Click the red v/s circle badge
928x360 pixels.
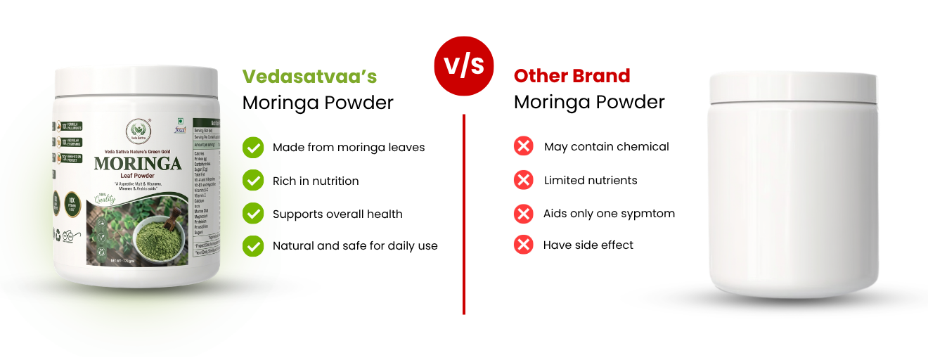point(464,65)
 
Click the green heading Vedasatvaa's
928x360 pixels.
point(309,76)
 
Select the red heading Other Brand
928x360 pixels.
point(572,75)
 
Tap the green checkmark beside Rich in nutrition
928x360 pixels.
point(253,181)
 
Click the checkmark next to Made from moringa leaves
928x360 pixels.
point(253,148)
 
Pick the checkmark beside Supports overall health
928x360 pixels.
point(253,214)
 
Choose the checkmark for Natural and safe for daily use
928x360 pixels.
point(253,246)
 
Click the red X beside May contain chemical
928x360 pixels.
point(524,147)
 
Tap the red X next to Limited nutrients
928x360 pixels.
point(524,180)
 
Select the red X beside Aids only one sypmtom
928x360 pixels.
point(524,213)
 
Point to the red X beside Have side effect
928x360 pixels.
point(524,245)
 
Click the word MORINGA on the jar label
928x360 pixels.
point(138,165)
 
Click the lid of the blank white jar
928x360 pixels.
point(793,87)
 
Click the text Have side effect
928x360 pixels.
point(588,245)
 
